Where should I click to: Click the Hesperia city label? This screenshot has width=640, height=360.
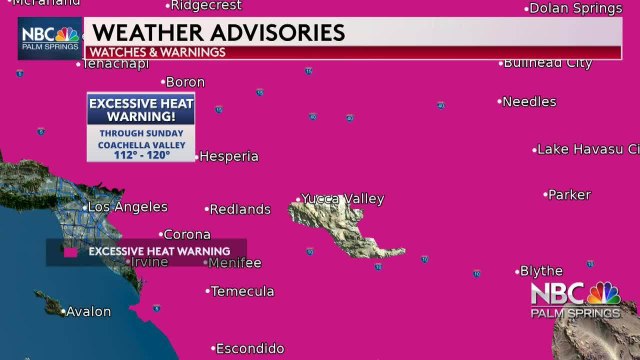click(x=229, y=156)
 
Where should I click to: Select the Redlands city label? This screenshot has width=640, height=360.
click(x=240, y=209)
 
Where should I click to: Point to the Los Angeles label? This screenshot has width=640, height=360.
click(x=128, y=207)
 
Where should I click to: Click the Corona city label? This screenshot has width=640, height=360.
click(x=187, y=235)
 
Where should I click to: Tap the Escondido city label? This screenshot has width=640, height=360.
click(x=250, y=348)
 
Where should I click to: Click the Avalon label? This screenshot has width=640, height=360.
click(x=89, y=311)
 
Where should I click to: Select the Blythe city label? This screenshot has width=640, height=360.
click(x=541, y=271)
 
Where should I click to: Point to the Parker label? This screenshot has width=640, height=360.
click(x=569, y=194)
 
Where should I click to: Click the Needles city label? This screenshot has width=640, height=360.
click(x=529, y=101)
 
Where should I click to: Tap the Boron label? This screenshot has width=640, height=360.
click(x=185, y=82)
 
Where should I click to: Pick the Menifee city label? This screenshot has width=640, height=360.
click(x=236, y=263)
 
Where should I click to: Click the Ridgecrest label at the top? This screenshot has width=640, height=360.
click(x=207, y=6)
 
